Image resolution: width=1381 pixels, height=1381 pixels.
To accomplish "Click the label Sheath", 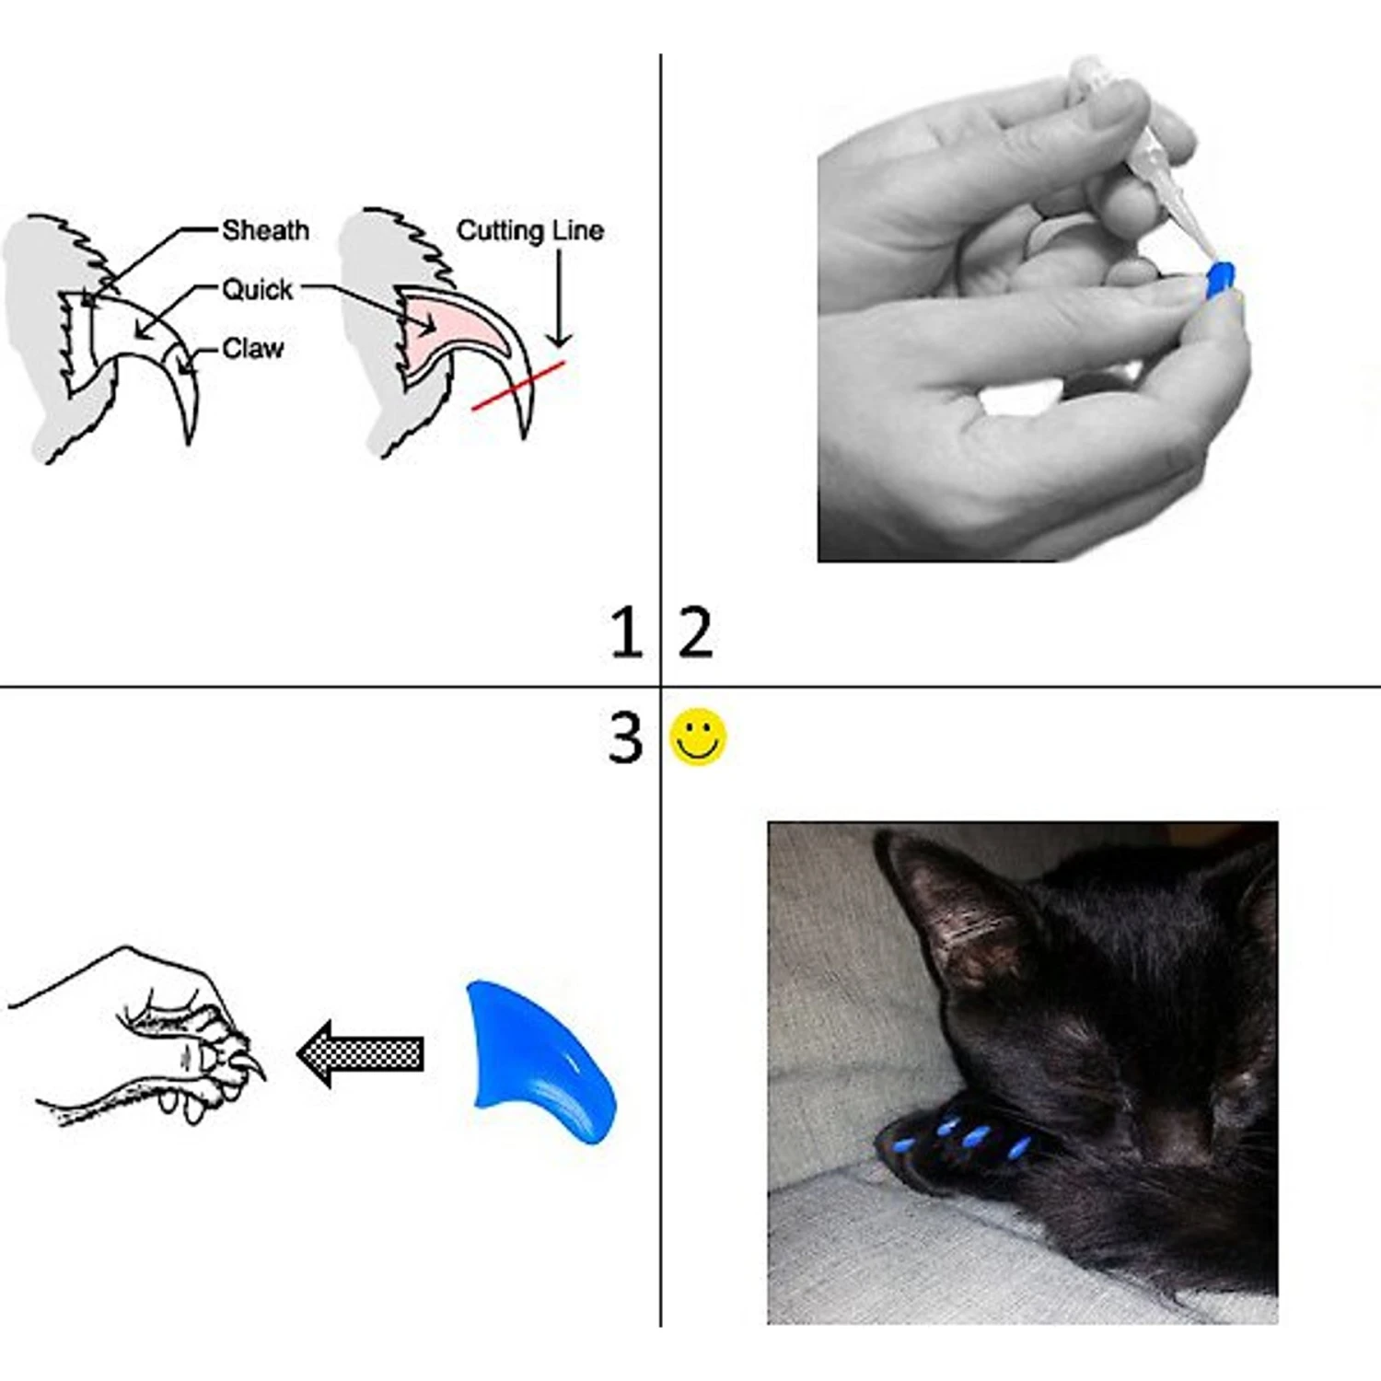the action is [x=265, y=230].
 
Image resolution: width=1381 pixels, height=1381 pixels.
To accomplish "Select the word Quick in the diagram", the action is [x=257, y=290].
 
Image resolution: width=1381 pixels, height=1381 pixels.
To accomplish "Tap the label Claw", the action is [x=253, y=349].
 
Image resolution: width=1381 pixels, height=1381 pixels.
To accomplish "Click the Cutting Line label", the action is [x=530, y=230].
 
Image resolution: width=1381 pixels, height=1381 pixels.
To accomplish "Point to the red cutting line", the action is [x=518, y=386].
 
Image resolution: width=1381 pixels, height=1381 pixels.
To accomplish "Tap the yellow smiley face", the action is [x=698, y=737].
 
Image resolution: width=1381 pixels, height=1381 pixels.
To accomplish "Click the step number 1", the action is [x=626, y=632].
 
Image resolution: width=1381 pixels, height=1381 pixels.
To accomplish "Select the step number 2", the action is [x=695, y=632].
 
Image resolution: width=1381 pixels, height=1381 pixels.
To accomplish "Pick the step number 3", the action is [x=625, y=737].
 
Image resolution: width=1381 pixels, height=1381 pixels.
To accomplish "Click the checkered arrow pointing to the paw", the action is [x=360, y=1053].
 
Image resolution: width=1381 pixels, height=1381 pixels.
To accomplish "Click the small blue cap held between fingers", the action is [x=1220, y=280].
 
